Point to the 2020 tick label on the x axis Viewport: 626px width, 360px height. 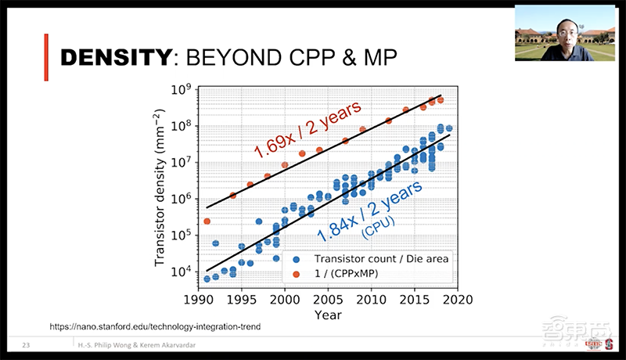coord(457,299)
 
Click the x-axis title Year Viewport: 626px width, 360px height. coord(327,314)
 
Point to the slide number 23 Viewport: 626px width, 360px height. coord(27,345)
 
